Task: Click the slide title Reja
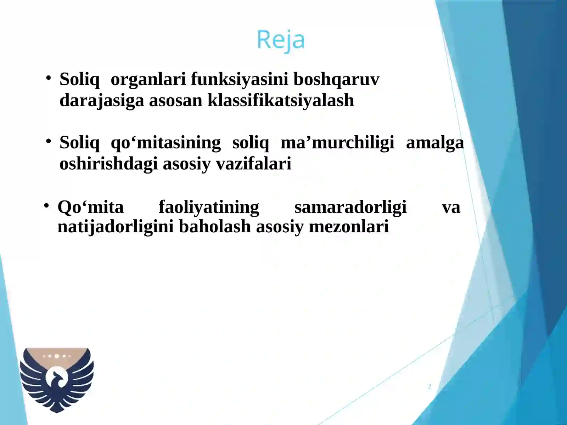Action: (x=280, y=40)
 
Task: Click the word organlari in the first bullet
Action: (x=148, y=79)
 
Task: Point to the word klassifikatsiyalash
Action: (x=281, y=100)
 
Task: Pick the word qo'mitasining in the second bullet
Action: (x=165, y=143)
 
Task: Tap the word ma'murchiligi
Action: (x=337, y=143)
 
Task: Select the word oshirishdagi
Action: (x=108, y=164)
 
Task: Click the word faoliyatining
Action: (x=209, y=207)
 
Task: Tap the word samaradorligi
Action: (x=350, y=207)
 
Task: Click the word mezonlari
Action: (x=349, y=227)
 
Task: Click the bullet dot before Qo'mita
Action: (x=46, y=206)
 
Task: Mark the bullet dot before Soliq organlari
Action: (x=49, y=78)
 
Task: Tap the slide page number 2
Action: (x=429, y=386)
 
